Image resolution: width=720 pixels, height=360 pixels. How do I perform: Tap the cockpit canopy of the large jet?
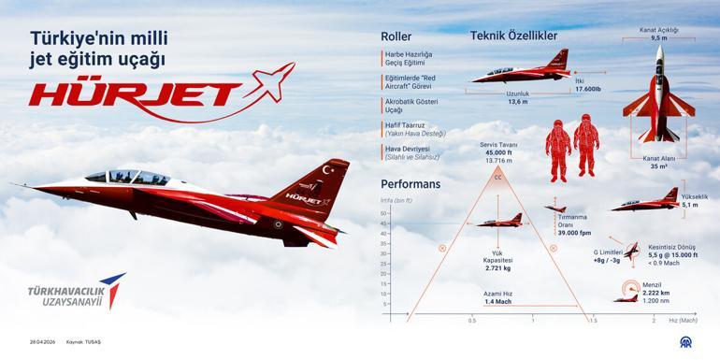pyautogui.click(x=131, y=175)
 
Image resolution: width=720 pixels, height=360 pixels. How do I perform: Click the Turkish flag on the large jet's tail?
pyautogui.click(x=327, y=169)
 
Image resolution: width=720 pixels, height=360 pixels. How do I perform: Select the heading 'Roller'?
pyautogui.click(x=396, y=36)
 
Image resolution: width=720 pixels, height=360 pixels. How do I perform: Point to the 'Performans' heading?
pyautogui.click(x=410, y=184)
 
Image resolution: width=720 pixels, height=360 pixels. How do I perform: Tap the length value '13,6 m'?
pyautogui.click(x=518, y=102)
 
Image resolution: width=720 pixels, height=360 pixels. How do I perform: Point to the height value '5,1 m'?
pyautogui.click(x=689, y=204)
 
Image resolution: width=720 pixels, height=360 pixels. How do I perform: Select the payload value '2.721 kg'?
pyautogui.click(x=497, y=268)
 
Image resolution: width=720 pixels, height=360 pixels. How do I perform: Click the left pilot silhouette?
pyautogui.click(x=558, y=148)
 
